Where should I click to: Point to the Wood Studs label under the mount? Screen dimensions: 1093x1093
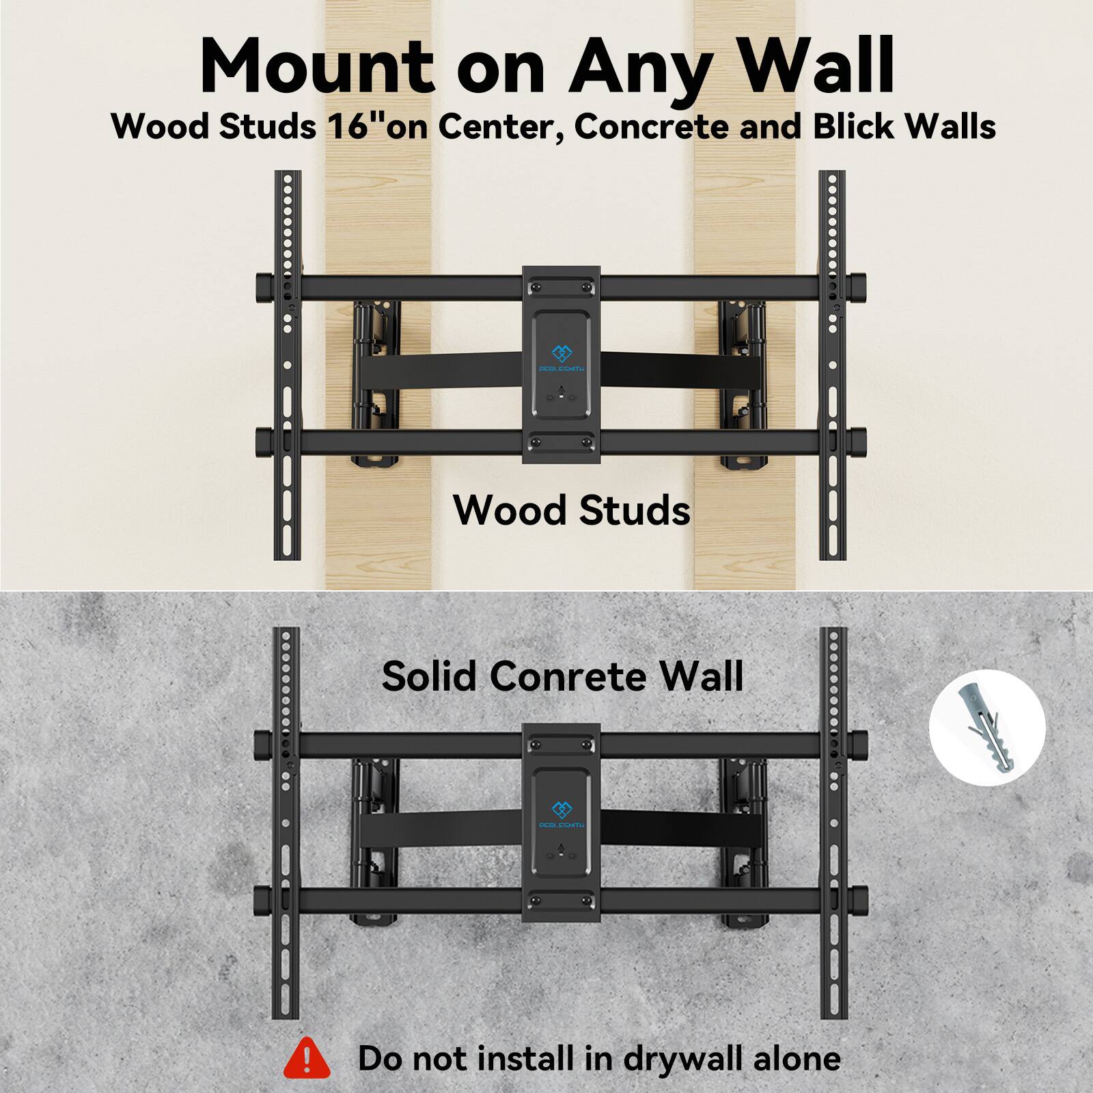click(571, 510)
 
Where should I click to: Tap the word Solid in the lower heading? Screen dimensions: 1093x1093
click(429, 676)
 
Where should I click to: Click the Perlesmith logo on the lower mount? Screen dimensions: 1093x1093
click(562, 813)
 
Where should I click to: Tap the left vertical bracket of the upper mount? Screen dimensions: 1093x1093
click(288, 365)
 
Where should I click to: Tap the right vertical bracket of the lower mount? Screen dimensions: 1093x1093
click(833, 820)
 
